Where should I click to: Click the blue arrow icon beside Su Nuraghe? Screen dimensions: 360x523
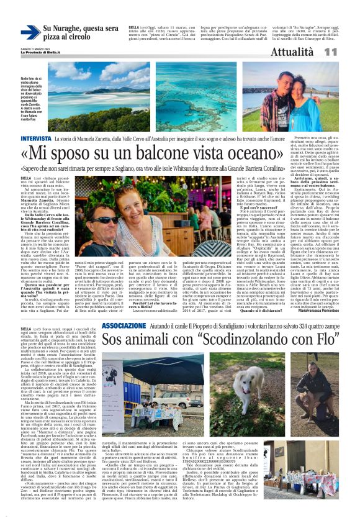tap(29, 32)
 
